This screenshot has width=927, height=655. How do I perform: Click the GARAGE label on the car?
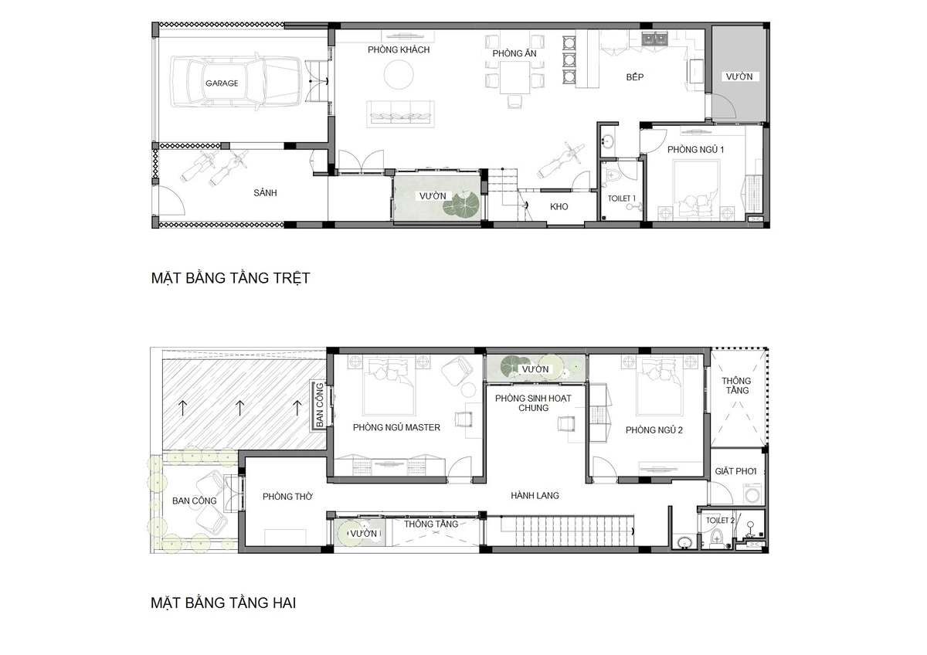click(x=222, y=83)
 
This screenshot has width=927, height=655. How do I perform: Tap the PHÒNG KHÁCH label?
click(x=399, y=49)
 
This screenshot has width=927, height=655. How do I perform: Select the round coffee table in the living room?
click(x=399, y=74)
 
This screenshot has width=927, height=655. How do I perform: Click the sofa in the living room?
click(x=400, y=114)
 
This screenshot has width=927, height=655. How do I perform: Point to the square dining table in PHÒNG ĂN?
click(x=514, y=77)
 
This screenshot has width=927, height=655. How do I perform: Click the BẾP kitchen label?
click(x=635, y=77)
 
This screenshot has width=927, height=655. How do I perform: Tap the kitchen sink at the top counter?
click(x=655, y=39)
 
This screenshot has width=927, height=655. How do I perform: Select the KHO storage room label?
click(x=559, y=206)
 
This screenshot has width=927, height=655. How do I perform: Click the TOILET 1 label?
click(x=621, y=199)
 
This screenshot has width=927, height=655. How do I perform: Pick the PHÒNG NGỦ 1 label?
click(x=695, y=149)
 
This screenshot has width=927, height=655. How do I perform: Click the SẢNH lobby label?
click(x=265, y=192)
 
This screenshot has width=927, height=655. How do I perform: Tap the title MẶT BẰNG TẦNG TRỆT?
click(x=230, y=277)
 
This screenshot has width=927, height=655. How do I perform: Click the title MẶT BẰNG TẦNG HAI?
click(x=223, y=602)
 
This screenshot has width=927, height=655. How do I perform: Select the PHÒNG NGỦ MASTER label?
click(x=396, y=427)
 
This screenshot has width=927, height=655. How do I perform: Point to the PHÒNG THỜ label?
click(x=287, y=496)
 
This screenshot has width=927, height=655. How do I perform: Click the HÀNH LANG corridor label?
click(x=535, y=495)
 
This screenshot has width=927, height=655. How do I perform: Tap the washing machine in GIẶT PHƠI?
click(x=752, y=494)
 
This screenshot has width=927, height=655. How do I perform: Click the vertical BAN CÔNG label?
click(x=320, y=405)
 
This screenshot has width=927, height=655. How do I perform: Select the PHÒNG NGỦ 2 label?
click(x=654, y=430)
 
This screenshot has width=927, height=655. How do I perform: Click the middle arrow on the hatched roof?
click(x=240, y=408)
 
